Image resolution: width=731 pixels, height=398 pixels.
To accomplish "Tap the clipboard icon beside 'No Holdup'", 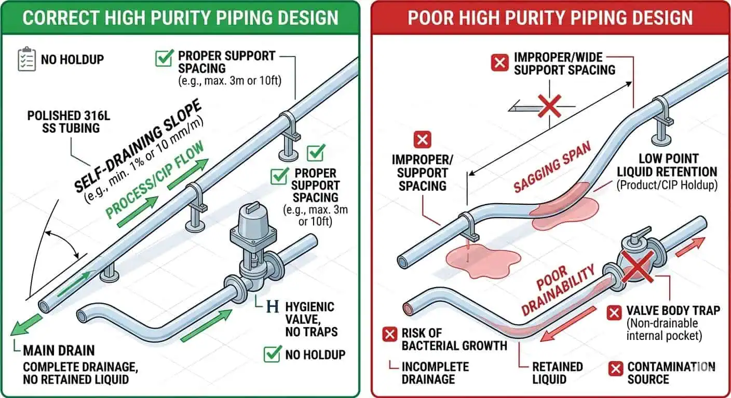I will pos(26,59).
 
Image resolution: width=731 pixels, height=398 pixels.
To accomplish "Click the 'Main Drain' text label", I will pos(58,351).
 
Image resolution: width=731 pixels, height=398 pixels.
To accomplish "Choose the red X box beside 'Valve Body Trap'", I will pos(615,312).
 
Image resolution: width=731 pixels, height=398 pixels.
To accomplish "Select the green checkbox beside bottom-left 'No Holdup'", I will pos(272,354).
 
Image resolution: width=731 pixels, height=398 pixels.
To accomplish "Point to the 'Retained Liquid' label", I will pos(557,373).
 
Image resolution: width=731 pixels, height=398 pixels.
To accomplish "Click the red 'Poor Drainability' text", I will pos(555,291).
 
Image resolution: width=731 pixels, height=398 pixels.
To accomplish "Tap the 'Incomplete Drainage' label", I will pos(435,373).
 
